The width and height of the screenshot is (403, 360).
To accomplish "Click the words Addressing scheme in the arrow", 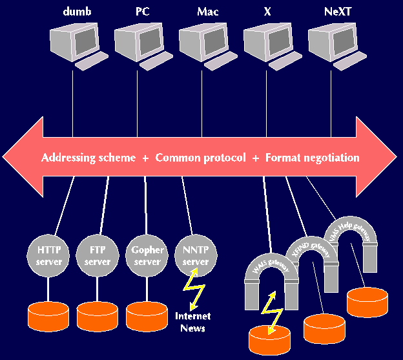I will tap(88, 158).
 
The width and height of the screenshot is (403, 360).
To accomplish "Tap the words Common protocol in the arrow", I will tap(201, 158).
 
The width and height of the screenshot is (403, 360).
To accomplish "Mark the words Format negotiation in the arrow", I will tap(312, 158).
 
